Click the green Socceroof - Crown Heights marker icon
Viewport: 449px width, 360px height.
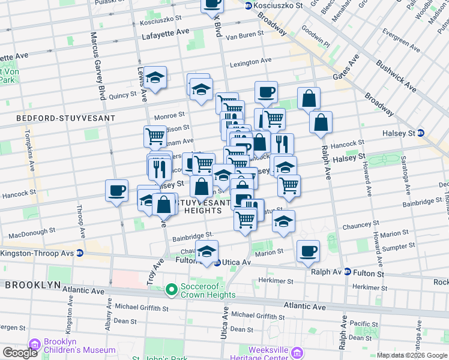click(x=172, y=291)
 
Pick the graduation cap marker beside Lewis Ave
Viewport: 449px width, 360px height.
click(x=155, y=78)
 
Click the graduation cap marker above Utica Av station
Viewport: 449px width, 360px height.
click(x=207, y=253)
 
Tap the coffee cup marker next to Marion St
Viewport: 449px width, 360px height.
click(x=309, y=251)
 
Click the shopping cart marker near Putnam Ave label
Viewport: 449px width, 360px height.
click(x=155, y=137)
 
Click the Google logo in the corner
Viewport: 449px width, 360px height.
click(x=20, y=352)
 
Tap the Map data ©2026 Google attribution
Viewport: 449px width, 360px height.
click(x=411, y=355)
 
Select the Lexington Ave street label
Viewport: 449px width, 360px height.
click(x=250, y=62)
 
